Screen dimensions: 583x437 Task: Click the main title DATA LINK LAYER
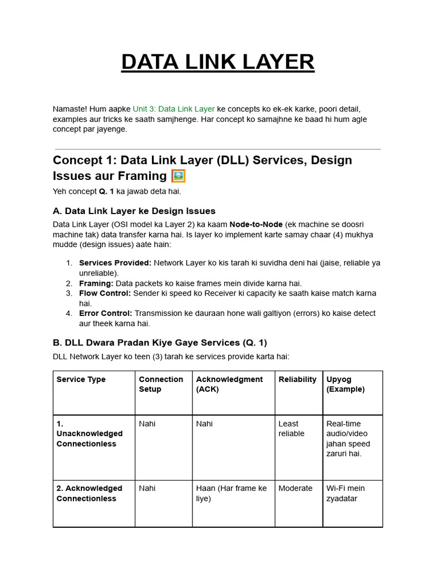click(x=217, y=61)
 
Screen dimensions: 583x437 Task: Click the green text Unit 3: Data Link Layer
click(x=174, y=109)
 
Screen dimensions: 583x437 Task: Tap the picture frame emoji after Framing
click(x=178, y=175)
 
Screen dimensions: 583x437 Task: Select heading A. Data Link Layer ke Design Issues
click(x=134, y=211)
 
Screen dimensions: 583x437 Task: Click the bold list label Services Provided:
click(x=115, y=263)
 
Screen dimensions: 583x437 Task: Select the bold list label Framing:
click(x=96, y=283)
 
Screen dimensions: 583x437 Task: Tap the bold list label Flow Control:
click(x=105, y=293)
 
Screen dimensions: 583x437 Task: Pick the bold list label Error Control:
click(x=105, y=313)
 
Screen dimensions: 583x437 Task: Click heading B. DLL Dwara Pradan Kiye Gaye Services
click(x=160, y=343)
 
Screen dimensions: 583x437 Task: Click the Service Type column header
click(x=81, y=379)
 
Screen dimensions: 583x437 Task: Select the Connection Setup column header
click(x=161, y=384)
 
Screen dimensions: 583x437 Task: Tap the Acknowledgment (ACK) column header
click(x=229, y=384)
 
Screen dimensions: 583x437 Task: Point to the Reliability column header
click(x=298, y=379)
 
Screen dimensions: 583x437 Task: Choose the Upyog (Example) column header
click(x=345, y=384)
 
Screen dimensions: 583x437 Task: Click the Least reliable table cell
click(x=291, y=429)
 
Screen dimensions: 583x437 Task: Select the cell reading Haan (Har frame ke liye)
click(x=231, y=494)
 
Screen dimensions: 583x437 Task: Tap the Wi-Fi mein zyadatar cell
click(x=345, y=494)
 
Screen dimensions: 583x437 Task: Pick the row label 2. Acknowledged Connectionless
click(x=89, y=494)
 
